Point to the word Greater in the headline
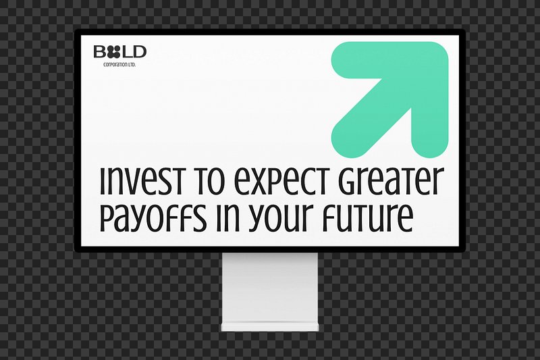[x=390, y=181]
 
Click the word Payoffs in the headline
[x=153, y=218]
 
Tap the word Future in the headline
[x=368, y=218]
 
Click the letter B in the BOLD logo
[x=100, y=52]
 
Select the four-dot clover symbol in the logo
[x=113, y=52]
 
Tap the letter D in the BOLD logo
[x=140, y=52]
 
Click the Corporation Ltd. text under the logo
[x=119, y=65]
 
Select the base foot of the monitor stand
[x=270, y=327]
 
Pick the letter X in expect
[x=261, y=181]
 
